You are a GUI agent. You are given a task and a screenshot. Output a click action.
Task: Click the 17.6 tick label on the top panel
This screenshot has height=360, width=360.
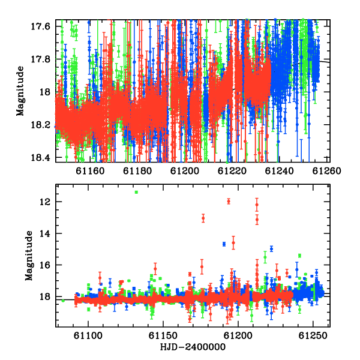click(x=40, y=26)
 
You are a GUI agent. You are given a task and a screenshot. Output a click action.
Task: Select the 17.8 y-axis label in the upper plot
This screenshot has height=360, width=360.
click(x=40, y=59)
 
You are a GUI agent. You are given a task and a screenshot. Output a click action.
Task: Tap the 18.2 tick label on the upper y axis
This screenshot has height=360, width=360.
click(x=40, y=125)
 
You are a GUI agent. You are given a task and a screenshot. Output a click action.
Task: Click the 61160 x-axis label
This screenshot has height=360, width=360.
click(x=90, y=171)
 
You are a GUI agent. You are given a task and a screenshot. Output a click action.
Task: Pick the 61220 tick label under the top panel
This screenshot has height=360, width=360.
click(x=232, y=171)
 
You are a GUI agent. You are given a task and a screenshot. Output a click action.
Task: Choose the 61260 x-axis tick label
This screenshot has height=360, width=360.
click(x=327, y=171)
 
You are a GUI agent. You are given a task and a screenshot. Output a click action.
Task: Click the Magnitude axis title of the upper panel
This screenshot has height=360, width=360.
click(x=20, y=91)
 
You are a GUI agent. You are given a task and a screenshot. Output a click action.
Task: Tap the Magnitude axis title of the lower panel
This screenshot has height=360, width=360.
click(x=29, y=256)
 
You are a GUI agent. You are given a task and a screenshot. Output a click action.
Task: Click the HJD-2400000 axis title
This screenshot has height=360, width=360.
click(x=193, y=347)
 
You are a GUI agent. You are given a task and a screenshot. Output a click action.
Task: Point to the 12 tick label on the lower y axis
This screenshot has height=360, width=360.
click(x=45, y=202)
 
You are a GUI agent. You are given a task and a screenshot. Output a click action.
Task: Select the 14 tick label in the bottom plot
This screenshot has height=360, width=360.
click(x=45, y=233)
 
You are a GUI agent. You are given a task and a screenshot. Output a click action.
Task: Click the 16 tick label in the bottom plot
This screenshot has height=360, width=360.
click(x=45, y=265)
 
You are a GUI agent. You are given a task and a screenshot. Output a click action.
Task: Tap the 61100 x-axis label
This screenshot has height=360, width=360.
click(x=88, y=335)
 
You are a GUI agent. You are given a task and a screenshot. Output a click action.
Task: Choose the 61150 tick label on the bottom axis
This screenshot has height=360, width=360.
click(x=163, y=335)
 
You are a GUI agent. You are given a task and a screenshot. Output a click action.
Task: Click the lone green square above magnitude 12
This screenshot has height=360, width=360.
click(x=136, y=192)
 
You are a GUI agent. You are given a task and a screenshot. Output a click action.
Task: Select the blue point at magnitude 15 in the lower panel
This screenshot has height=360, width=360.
click(x=271, y=248)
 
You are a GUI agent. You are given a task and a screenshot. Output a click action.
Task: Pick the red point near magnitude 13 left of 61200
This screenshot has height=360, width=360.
click(x=203, y=218)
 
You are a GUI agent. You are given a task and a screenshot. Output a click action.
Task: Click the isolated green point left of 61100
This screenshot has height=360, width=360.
click(x=63, y=301)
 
